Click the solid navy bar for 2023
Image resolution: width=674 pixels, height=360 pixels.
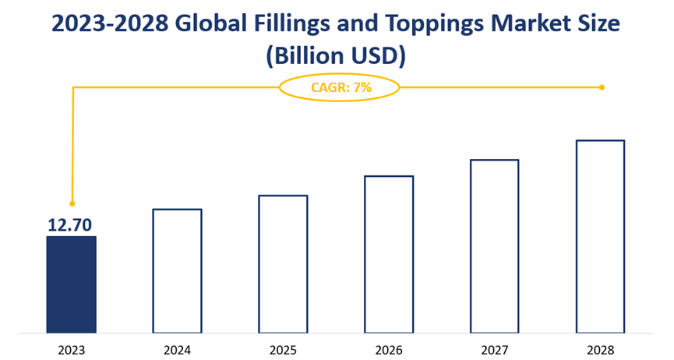point(72,284)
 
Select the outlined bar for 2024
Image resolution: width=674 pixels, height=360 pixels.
point(177,271)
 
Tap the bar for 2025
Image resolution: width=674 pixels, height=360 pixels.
point(283,264)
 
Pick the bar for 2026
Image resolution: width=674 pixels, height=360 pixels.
point(389,254)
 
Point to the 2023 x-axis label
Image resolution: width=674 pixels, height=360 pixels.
point(72,350)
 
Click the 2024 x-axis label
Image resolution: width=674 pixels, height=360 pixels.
point(177,350)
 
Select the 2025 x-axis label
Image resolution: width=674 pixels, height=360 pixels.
point(283,350)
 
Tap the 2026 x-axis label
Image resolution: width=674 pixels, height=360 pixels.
point(389,350)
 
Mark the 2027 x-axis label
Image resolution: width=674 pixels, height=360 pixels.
point(494,350)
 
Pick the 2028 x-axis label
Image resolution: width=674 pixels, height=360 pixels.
point(600,350)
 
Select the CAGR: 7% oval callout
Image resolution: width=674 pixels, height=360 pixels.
point(340,87)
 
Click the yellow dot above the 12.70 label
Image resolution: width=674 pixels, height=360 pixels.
point(72,203)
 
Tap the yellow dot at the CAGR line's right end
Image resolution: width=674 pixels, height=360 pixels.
point(602,87)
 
